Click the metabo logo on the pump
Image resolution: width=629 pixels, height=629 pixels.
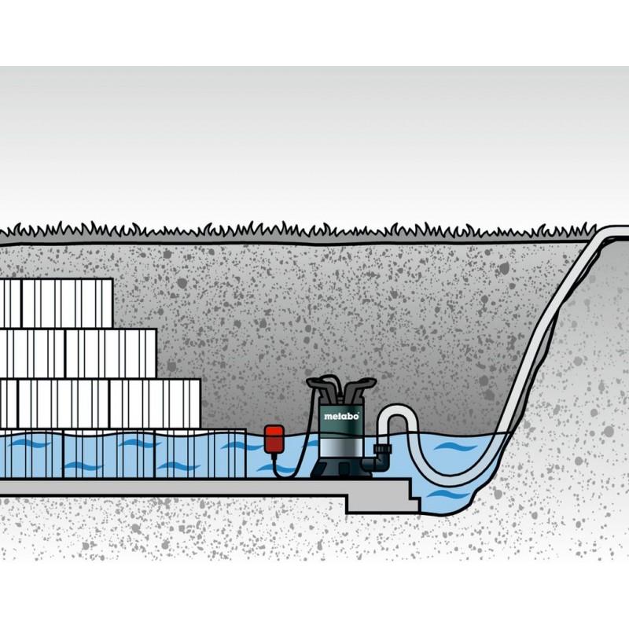(340, 416)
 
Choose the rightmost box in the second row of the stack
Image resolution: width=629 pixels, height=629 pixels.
(134, 353)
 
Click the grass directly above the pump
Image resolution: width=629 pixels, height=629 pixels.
(340, 230)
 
